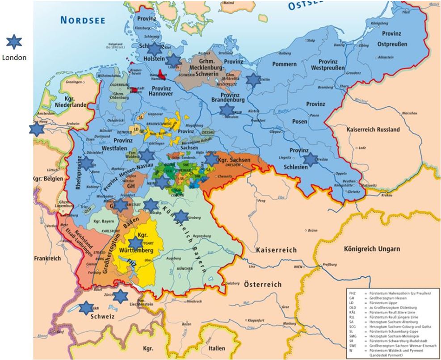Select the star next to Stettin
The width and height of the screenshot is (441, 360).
click(253, 80)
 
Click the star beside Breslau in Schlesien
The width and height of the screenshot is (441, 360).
click(309, 159)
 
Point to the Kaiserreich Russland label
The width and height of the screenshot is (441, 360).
click(373, 130)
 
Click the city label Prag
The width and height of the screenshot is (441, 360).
click(262, 201)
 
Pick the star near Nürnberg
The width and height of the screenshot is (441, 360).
click(181, 216)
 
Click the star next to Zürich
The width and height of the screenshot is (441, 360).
click(120, 296)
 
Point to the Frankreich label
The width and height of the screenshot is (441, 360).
click(49, 258)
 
